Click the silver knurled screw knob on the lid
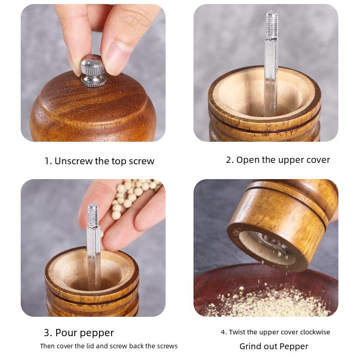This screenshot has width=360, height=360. click(93, 71)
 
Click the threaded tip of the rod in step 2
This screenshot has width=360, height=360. click(272, 25)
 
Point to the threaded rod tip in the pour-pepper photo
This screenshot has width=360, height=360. click(93, 215)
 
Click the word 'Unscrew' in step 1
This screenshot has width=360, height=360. click(73, 161)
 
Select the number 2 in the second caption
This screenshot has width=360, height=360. click(229, 160)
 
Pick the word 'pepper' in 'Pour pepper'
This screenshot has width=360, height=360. click(97, 333)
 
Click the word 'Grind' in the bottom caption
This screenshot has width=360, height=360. click(251, 346)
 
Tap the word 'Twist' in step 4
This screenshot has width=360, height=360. click(237, 332)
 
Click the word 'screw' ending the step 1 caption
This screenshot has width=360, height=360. click(141, 161)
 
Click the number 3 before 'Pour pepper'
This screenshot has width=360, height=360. click(48, 333)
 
